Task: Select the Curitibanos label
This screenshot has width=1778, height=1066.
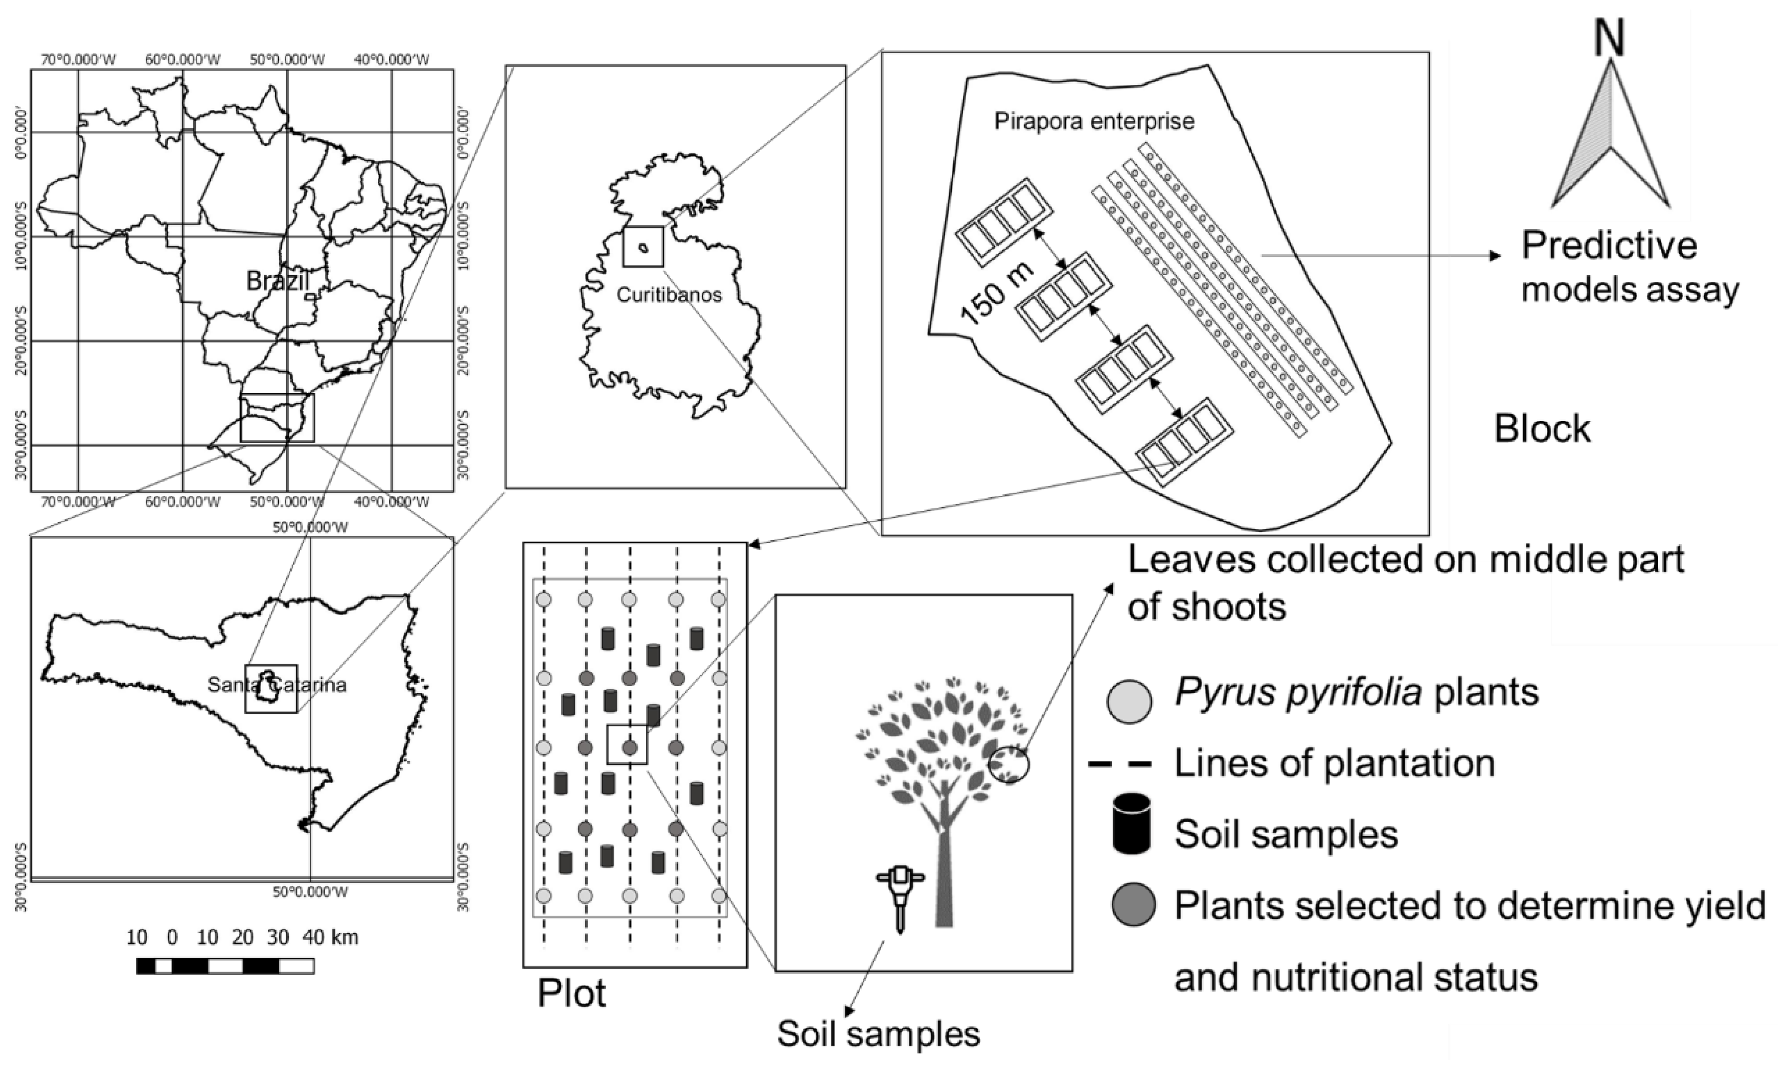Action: click(669, 295)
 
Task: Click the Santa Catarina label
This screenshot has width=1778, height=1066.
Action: click(277, 685)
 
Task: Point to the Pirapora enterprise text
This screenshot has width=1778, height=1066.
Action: click(1094, 121)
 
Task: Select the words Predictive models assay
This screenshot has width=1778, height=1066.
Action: click(1629, 268)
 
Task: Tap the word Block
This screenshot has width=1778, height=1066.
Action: click(1542, 429)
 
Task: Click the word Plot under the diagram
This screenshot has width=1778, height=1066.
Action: click(572, 993)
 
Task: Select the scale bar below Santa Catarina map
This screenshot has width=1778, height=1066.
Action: click(225, 966)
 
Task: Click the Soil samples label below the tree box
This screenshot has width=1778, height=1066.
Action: click(878, 1034)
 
